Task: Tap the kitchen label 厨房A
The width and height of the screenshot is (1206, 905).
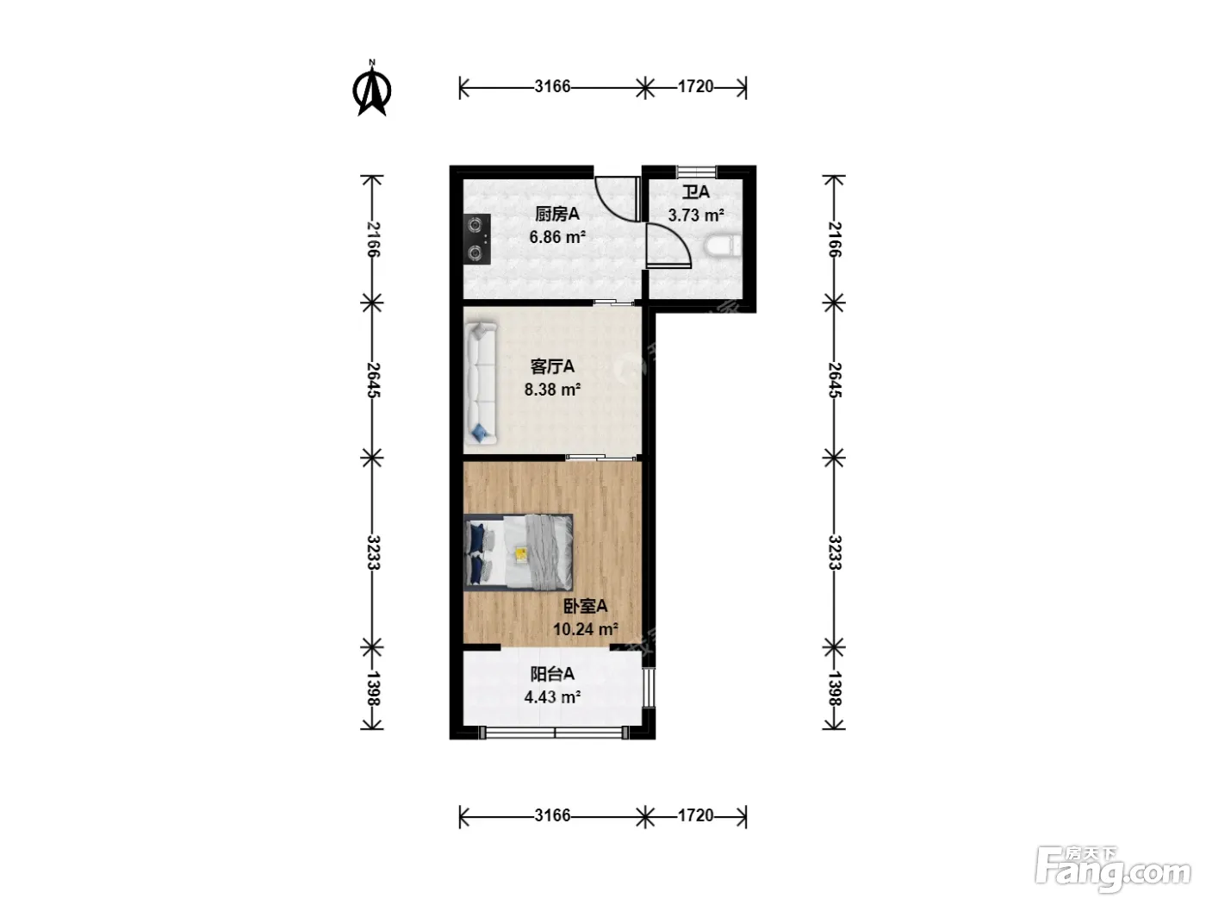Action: (x=556, y=214)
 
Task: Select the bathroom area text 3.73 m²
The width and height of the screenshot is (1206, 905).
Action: (x=695, y=215)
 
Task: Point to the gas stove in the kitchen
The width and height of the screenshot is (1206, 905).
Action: (x=477, y=239)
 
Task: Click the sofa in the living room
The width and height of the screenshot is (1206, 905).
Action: (x=482, y=383)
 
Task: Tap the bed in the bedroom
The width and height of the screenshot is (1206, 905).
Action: (x=518, y=552)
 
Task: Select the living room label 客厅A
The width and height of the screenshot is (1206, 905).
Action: (x=552, y=366)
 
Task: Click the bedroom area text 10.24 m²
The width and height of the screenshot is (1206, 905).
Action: (x=585, y=628)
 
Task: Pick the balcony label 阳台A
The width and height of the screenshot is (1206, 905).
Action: (x=552, y=674)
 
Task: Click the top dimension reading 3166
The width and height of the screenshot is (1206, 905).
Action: (x=552, y=86)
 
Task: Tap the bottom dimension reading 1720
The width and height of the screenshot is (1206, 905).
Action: (x=695, y=815)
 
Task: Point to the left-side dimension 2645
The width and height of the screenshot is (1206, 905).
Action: (x=373, y=380)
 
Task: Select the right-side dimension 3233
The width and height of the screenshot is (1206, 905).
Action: (x=835, y=552)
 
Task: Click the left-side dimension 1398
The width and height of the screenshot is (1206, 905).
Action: (x=373, y=689)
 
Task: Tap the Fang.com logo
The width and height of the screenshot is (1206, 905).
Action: (x=1113, y=869)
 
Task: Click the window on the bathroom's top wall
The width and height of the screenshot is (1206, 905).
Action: (x=697, y=172)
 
